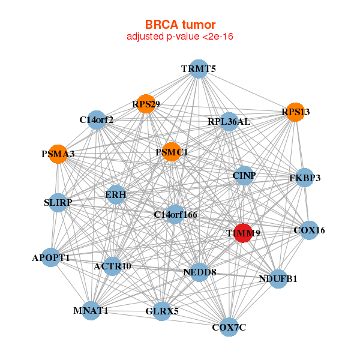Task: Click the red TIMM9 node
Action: click(x=242, y=233)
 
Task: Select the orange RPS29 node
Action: click(x=145, y=104)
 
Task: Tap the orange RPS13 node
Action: click(x=295, y=112)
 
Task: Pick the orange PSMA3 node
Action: click(x=58, y=154)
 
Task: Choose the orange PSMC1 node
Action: click(x=172, y=152)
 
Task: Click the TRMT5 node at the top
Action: click(x=199, y=69)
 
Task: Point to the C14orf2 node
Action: click(x=97, y=120)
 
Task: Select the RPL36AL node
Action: click(x=229, y=122)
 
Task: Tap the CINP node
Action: click(x=244, y=176)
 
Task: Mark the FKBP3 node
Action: click(x=305, y=178)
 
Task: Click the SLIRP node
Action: click(x=58, y=203)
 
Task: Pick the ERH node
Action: click(x=115, y=195)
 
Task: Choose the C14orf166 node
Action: click(x=175, y=214)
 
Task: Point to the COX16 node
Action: click(x=309, y=230)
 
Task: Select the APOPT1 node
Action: click(x=51, y=257)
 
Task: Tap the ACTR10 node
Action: click(x=112, y=265)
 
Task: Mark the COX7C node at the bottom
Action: click(x=229, y=327)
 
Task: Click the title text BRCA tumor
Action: click(x=180, y=25)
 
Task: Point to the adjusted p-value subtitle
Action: click(x=180, y=37)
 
